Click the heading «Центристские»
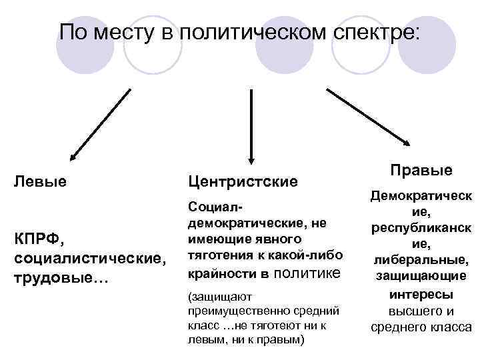[243, 181]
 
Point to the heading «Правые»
[421, 170]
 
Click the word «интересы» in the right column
[420, 294]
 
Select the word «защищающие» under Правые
[420, 275]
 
